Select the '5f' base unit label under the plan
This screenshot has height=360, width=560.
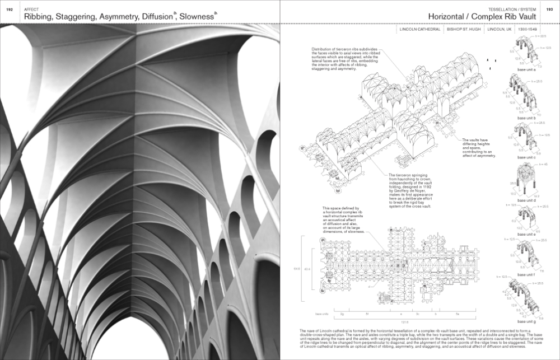point(366,314)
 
